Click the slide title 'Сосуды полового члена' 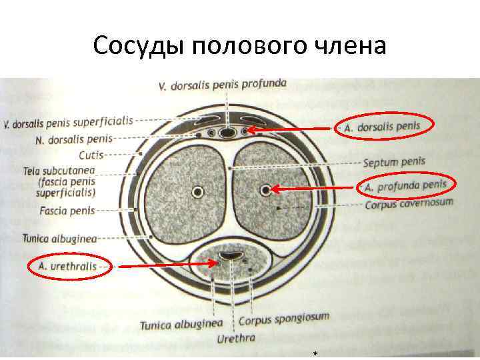(x=240, y=46)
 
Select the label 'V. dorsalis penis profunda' (x=223, y=85)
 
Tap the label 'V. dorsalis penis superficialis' (x=68, y=122)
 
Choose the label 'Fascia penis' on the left (x=68, y=211)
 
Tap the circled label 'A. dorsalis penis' (x=384, y=126)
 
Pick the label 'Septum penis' (x=394, y=162)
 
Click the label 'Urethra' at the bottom (x=236, y=339)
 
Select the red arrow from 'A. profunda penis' (x=313, y=189)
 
